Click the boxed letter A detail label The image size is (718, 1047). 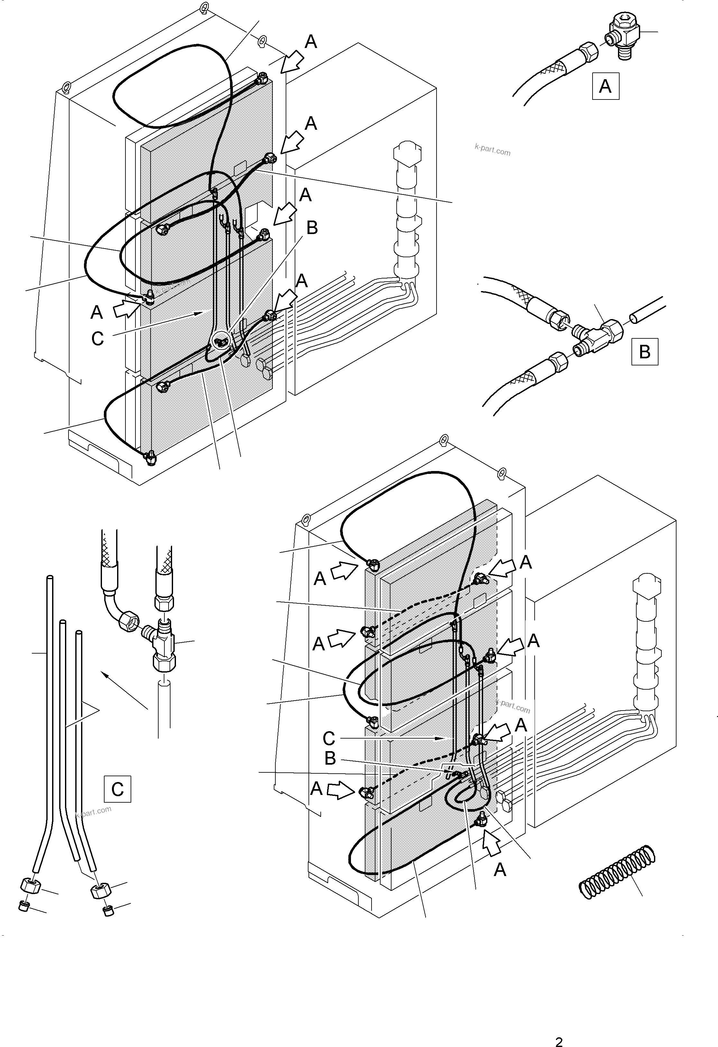[x=605, y=86]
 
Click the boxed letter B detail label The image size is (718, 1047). [x=645, y=351]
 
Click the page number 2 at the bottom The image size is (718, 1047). [x=559, y=1038]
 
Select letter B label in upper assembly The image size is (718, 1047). [x=312, y=228]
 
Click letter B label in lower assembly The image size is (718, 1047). [x=330, y=758]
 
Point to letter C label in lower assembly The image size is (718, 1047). [x=329, y=738]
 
